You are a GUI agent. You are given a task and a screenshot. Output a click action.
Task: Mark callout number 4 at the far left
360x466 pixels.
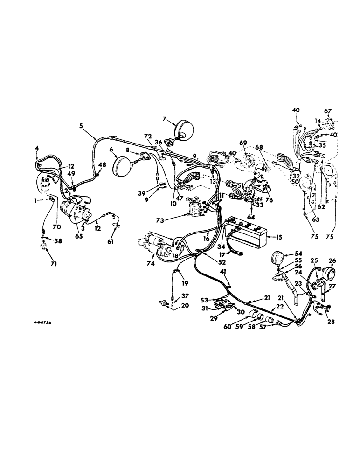37,148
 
